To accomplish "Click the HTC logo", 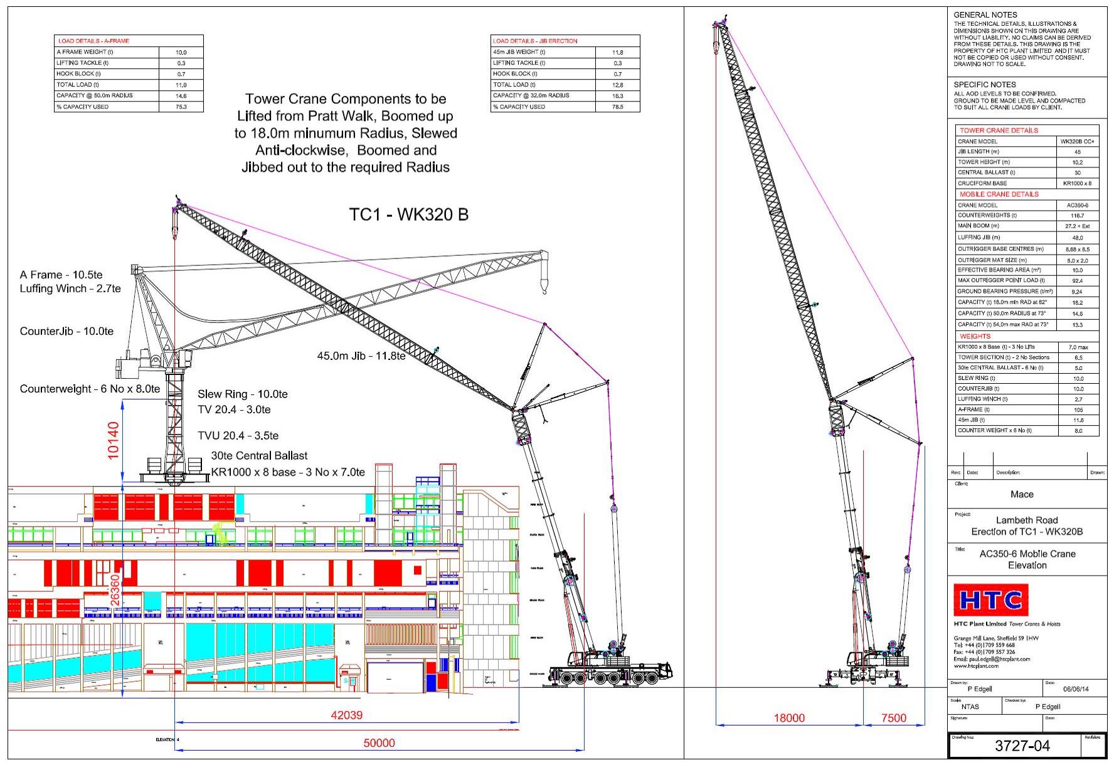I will tap(991, 600).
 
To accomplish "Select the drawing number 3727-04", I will tap(1022, 746).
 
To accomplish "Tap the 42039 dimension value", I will tap(346, 715).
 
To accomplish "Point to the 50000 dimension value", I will tap(379, 743).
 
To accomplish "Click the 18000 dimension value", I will tap(789, 718).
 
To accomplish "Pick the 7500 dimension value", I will tap(893, 718).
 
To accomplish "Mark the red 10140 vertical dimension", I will tap(114, 441).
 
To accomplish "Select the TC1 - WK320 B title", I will tap(408, 214).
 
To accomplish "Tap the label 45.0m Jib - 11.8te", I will tap(361, 356).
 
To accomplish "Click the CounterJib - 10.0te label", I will tap(66, 331).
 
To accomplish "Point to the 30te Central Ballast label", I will tap(259, 456).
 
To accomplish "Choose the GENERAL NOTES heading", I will tap(985, 15).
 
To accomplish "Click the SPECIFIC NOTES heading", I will tap(985, 85).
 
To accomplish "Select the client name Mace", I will tap(1022, 494).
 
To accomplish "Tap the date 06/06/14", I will tap(1076, 689).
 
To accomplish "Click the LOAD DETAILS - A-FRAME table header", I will tap(93, 41).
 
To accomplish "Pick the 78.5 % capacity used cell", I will tap(617, 107).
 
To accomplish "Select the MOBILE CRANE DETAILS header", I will tap(999, 194).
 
